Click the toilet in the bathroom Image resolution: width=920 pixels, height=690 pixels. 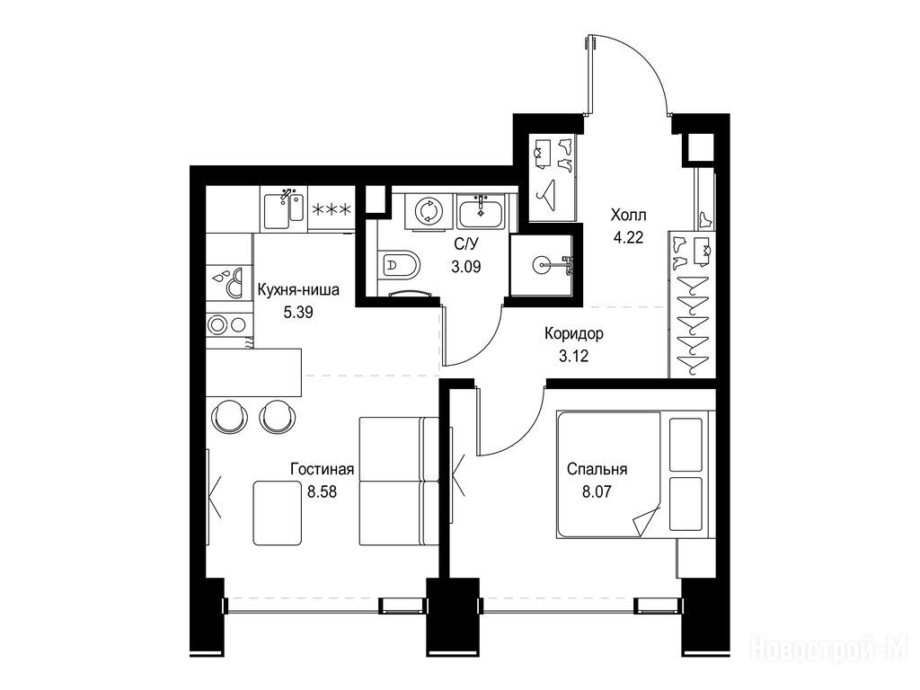(400, 266)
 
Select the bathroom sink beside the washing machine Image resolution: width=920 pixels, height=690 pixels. (480, 212)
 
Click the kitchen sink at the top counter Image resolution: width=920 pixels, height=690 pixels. (283, 210)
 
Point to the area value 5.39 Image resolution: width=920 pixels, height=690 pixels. (298, 312)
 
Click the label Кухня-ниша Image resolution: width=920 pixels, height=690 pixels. (298, 290)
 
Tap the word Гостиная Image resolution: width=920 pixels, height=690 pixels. (323, 469)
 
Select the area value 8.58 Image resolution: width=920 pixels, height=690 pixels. (323, 491)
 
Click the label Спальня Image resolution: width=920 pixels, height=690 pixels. (597, 469)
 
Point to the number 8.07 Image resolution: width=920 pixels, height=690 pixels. (597, 491)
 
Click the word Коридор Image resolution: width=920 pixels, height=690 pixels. (573, 334)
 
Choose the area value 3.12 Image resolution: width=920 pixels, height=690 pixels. (573, 356)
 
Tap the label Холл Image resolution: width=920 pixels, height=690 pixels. (628, 215)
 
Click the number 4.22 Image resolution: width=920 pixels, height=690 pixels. (628, 237)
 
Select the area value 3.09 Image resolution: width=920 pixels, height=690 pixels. (466, 267)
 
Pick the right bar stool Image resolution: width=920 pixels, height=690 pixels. (277, 417)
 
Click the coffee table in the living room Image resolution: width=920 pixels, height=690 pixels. (277, 512)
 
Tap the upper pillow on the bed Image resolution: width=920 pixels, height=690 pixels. (686, 444)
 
